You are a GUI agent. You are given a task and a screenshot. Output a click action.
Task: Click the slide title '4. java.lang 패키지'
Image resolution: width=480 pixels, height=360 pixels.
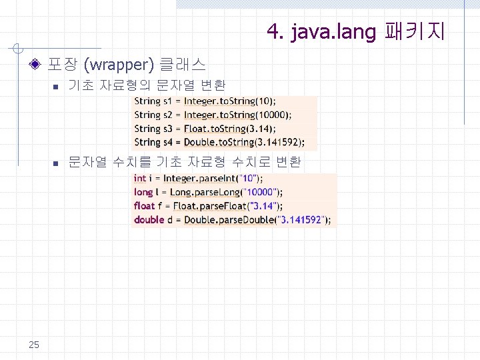click(x=356, y=31)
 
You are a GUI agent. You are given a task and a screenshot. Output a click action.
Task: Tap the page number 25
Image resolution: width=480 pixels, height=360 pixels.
click(x=34, y=344)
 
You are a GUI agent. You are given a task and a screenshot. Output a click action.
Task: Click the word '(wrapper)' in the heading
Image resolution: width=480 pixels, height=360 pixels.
click(x=119, y=65)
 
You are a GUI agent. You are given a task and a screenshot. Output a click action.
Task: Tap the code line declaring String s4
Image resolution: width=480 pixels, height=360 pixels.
click(x=219, y=142)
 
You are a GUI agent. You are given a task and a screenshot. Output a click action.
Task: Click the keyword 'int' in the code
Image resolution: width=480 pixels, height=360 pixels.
click(x=139, y=178)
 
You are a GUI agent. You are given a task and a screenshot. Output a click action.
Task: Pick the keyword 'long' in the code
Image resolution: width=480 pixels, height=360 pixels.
click(x=143, y=192)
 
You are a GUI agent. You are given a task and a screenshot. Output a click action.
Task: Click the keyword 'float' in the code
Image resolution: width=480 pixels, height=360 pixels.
click(x=144, y=206)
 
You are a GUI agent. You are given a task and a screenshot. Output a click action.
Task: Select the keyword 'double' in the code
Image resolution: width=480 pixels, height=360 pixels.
click(x=149, y=220)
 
